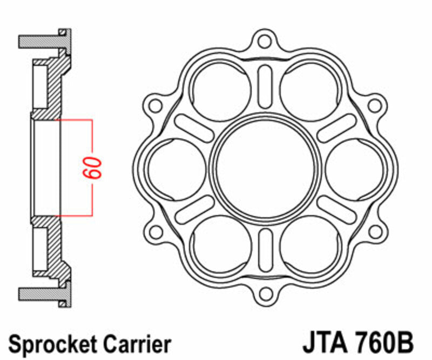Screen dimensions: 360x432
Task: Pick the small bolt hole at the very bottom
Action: pos(264,294)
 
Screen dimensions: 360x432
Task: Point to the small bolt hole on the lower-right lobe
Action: pos(373,231)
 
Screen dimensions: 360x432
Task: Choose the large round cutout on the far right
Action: pos(354,167)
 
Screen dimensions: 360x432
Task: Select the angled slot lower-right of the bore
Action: pos(335,208)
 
